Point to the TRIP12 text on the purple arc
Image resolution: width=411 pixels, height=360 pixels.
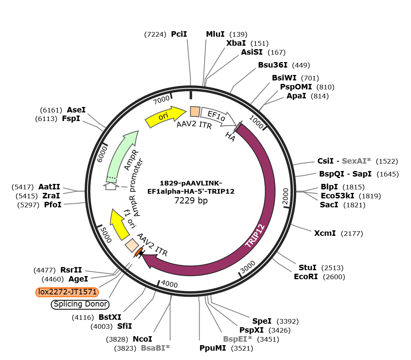tap(255, 235)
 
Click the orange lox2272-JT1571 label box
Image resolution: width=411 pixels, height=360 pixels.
tap(67, 292)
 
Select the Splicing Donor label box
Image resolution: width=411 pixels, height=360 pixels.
tap(80, 304)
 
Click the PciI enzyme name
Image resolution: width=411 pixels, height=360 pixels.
tap(179, 34)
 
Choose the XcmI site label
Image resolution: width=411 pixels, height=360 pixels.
tap(325, 233)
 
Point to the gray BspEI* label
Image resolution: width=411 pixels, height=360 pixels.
tap(238, 339)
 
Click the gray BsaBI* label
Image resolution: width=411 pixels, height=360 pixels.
tap(155, 348)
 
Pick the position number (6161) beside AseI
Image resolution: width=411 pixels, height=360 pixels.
tap(51, 110)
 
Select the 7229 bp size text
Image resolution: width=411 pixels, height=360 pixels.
tap(191, 200)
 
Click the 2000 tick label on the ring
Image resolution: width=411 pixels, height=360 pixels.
tap(286, 196)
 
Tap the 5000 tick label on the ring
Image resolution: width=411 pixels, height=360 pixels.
tap(106, 235)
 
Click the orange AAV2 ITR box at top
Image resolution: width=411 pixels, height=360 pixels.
tap(195, 112)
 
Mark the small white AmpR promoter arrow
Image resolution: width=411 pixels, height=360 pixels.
tap(111, 186)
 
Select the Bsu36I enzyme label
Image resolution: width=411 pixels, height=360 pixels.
tap(273, 65)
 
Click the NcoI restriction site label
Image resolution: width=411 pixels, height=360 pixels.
tap(142, 339)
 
